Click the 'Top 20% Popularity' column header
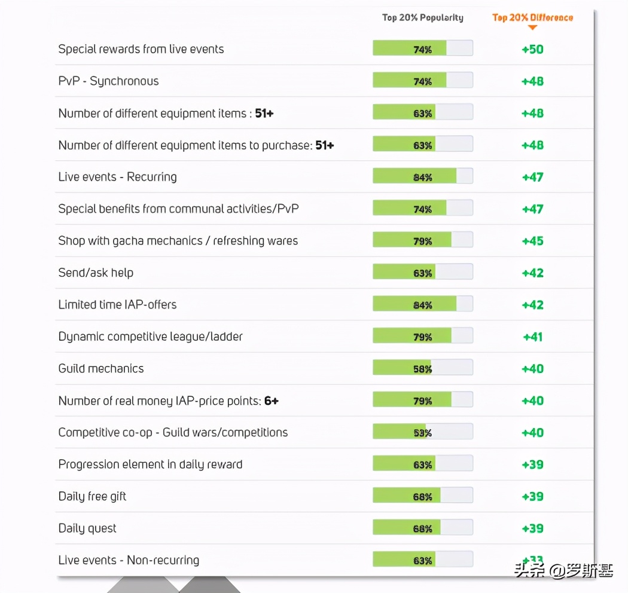pyautogui.click(x=422, y=17)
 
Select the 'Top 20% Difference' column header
pyautogui.click(x=532, y=17)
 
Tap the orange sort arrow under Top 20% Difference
pyautogui.click(x=532, y=27)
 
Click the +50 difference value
pyautogui.click(x=532, y=49)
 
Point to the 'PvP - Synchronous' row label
pyautogui.click(x=108, y=81)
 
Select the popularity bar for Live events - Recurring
pyautogui.click(x=422, y=177)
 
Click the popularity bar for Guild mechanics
pyautogui.click(x=422, y=369)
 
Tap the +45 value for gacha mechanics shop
pyautogui.click(x=532, y=241)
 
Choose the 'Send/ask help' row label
pyautogui.click(x=96, y=273)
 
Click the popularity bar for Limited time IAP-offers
pyautogui.click(x=422, y=305)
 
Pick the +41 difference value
pyautogui.click(x=532, y=337)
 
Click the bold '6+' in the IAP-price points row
pyautogui.click(x=272, y=401)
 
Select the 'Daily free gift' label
pyautogui.click(x=92, y=497)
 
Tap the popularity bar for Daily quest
pyautogui.click(x=422, y=528)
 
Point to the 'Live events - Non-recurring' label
pyautogui.click(x=129, y=561)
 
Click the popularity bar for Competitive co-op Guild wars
pyautogui.click(x=422, y=433)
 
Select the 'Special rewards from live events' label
pyautogui.click(x=141, y=49)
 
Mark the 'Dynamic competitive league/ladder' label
pyautogui.click(x=150, y=337)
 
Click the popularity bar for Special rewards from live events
pyautogui.click(x=422, y=49)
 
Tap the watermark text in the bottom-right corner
pyautogui.click(x=563, y=571)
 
